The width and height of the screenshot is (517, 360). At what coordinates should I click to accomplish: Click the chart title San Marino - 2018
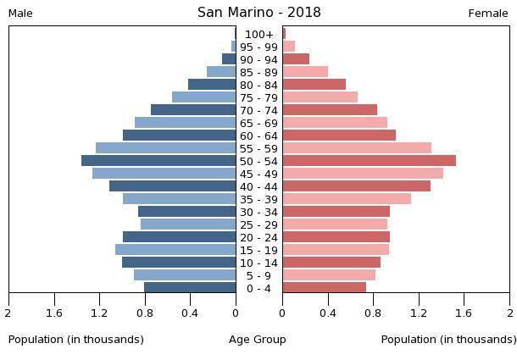(x=258, y=13)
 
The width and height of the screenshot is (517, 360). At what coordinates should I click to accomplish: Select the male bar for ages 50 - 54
(x=158, y=161)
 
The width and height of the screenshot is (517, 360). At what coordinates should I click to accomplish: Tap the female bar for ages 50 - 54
(x=369, y=161)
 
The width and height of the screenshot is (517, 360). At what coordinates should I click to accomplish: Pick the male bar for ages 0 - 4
(x=190, y=288)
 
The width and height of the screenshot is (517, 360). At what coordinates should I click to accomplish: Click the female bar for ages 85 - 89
(x=305, y=72)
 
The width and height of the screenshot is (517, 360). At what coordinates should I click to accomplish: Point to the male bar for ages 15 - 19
(x=175, y=250)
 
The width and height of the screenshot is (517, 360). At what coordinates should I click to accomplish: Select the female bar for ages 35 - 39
(x=347, y=199)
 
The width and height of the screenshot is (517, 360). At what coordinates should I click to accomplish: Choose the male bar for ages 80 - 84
(x=212, y=85)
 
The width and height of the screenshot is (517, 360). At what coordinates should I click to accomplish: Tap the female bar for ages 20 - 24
(x=336, y=237)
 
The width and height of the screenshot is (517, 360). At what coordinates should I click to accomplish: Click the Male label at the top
(x=20, y=14)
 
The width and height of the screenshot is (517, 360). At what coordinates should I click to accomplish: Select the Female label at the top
(x=488, y=14)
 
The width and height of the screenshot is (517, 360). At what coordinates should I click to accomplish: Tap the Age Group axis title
(x=258, y=340)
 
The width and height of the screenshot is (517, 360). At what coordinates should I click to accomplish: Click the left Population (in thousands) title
(x=76, y=340)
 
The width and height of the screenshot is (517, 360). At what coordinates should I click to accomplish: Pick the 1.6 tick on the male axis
(x=55, y=313)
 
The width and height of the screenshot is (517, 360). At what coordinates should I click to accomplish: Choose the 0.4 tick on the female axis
(x=328, y=313)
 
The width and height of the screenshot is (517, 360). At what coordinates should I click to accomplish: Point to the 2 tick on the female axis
(x=509, y=313)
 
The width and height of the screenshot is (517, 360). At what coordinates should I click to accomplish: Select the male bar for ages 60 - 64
(x=179, y=136)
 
